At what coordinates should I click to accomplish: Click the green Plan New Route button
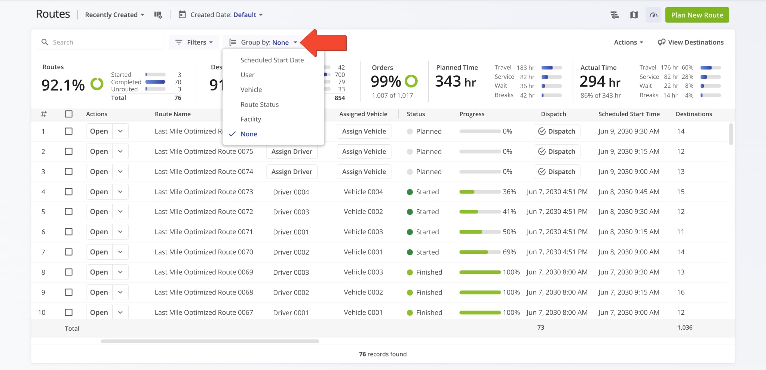[x=697, y=15]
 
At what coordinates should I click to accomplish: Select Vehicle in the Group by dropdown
[x=251, y=90]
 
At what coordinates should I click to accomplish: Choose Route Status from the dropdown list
[x=260, y=105]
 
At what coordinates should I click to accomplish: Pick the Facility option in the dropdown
[x=251, y=119]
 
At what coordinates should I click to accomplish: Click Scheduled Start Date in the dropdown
[x=272, y=60]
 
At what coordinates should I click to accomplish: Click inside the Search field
[x=105, y=42]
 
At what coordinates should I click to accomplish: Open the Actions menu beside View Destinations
[x=628, y=42]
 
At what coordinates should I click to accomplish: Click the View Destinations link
[x=691, y=42]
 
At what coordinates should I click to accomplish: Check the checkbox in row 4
[x=68, y=192]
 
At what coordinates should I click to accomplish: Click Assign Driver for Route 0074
[x=292, y=172]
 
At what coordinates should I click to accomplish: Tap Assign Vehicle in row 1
[x=364, y=131]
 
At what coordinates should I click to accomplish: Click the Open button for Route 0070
[x=99, y=252]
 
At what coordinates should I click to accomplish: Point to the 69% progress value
[x=509, y=252]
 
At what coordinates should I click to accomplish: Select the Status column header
[x=416, y=114]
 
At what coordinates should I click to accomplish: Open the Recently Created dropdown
[x=114, y=15]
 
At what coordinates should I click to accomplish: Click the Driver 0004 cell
[x=291, y=192]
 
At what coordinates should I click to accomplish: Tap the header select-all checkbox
[x=68, y=114]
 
